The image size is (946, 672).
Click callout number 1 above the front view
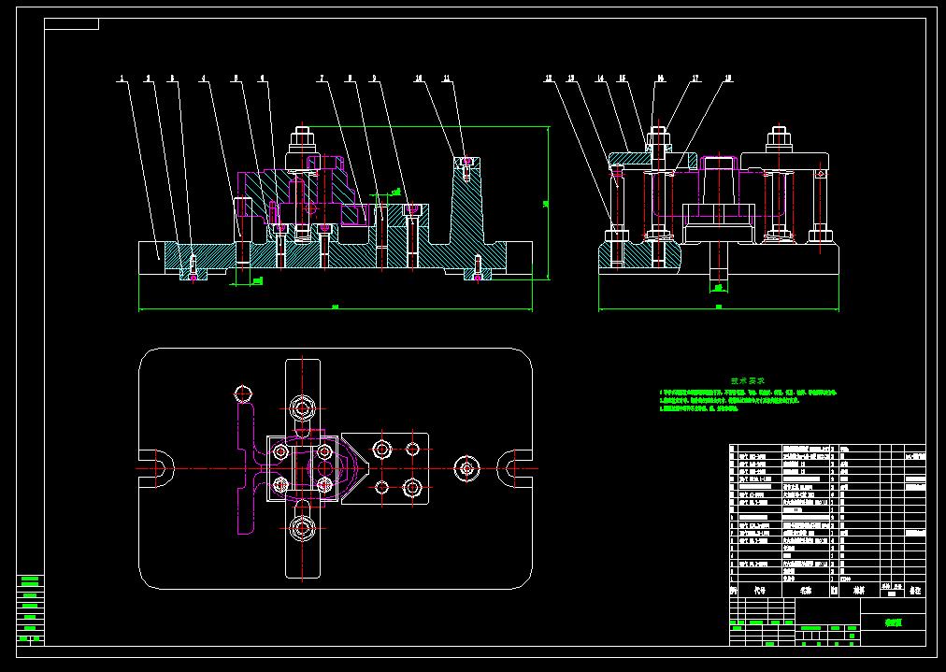(121, 79)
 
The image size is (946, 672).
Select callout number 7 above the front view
(322, 79)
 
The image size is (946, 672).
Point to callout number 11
(447, 79)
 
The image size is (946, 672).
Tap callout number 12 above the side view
(549, 79)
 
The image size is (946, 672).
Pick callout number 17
(696, 79)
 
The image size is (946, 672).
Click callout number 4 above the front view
(203, 79)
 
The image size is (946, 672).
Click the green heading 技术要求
(748, 381)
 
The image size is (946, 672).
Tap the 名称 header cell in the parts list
(807, 591)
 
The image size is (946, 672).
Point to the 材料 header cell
(857, 591)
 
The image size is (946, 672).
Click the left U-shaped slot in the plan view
(156, 465)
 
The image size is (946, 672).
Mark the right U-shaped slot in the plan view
(515, 465)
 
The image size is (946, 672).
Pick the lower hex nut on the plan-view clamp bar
(302, 528)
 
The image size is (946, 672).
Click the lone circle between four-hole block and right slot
(466, 466)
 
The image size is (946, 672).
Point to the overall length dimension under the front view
(335, 306)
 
